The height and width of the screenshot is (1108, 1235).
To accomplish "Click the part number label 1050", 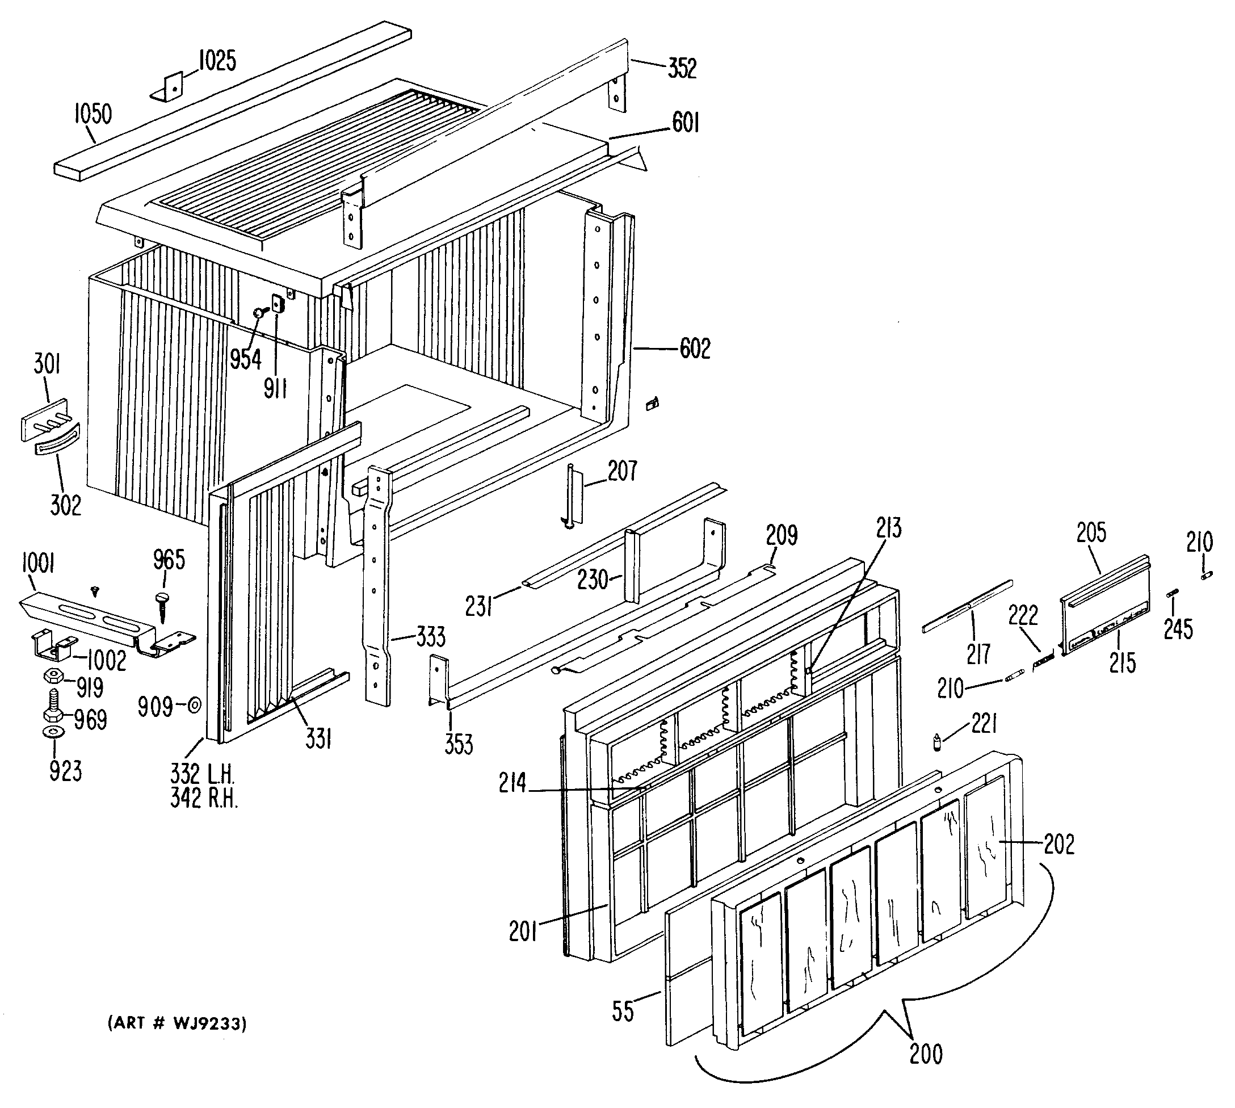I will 93,115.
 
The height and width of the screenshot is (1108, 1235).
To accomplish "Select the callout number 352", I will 682,68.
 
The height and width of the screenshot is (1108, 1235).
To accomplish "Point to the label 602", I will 695,349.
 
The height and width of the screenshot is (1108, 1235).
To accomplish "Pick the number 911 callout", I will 275,388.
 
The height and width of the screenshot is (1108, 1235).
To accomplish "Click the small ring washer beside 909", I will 195,706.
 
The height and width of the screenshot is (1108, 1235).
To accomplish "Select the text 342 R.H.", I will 203,798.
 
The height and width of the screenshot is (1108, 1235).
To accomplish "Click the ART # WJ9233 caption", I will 177,1024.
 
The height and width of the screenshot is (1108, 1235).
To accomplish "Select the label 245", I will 1178,629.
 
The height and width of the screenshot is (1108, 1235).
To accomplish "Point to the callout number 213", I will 889,528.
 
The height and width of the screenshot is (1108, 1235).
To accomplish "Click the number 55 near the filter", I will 623,1012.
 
